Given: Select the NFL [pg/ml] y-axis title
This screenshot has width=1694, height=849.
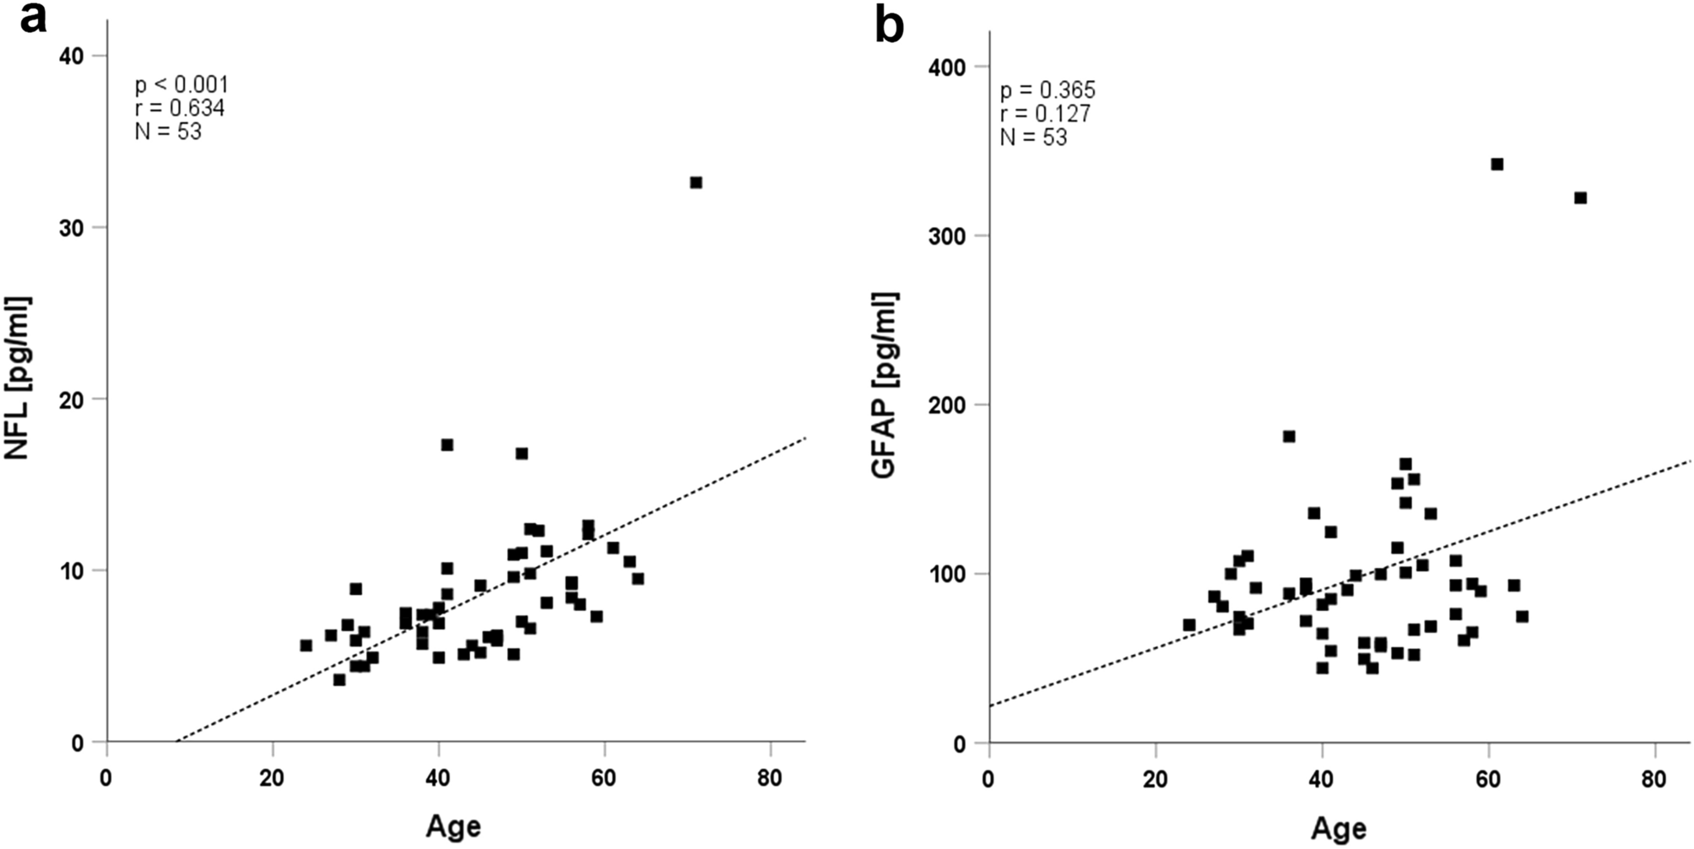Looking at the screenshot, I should coord(19,378).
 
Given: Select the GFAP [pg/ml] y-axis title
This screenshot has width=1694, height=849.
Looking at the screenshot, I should coord(884,387).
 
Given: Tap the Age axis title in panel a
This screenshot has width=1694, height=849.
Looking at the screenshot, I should coord(453,825).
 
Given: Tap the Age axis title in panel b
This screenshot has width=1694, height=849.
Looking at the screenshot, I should coord(1339,828).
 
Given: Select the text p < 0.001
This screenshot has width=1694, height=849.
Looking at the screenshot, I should coord(181,85).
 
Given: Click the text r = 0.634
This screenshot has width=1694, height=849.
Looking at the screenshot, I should coord(180,108).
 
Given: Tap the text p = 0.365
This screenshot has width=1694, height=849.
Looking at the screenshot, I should coord(1047,90).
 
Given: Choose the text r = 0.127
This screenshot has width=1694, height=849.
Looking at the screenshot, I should coord(1045,114).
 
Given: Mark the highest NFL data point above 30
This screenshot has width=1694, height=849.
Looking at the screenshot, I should coord(695,182).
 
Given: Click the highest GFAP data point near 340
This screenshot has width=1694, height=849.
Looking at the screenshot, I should coord(1497,164).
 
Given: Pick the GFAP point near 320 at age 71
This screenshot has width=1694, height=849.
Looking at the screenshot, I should coord(1580,197).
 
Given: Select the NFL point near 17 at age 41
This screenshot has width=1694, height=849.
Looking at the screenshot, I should coord(447,445).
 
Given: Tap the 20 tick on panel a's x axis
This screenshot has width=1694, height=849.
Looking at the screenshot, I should coord(273,776).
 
